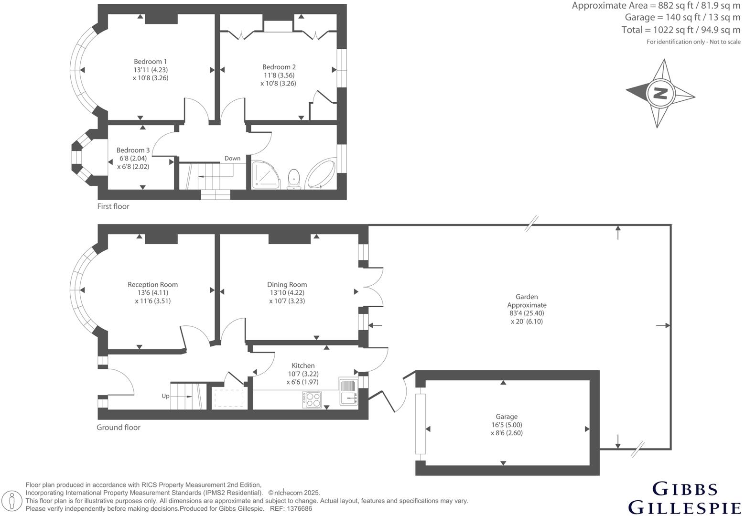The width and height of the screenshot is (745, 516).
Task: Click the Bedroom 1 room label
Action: pyautogui.click(x=150, y=62)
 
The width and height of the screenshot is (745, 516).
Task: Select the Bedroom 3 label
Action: pyautogui.click(x=133, y=150)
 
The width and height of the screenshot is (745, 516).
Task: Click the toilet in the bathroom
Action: pyautogui.click(x=293, y=178)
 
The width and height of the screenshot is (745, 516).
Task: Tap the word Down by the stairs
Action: pyautogui.click(x=232, y=159)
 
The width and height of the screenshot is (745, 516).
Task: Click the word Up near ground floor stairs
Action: pyautogui.click(x=165, y=396)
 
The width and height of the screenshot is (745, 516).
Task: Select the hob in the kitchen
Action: pyautogui.click(x=312, y=399)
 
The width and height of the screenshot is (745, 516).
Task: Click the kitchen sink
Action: pyautogui.click(x=349, y=391)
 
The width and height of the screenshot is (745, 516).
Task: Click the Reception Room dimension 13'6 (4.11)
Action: pyautogui.click(x=152, y=293)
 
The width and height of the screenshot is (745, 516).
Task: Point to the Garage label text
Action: pyautogui.click(x=506, y=417)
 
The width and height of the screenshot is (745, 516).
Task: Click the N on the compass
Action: pyautogui.click(x=660, y=93)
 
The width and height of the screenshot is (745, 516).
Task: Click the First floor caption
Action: pyautogui.click(x=113, y=206)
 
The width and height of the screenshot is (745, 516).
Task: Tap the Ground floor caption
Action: pyautogui.click(x=119, y=427)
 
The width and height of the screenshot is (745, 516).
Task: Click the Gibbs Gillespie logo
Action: pyautogui.click(x=684, y=498)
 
